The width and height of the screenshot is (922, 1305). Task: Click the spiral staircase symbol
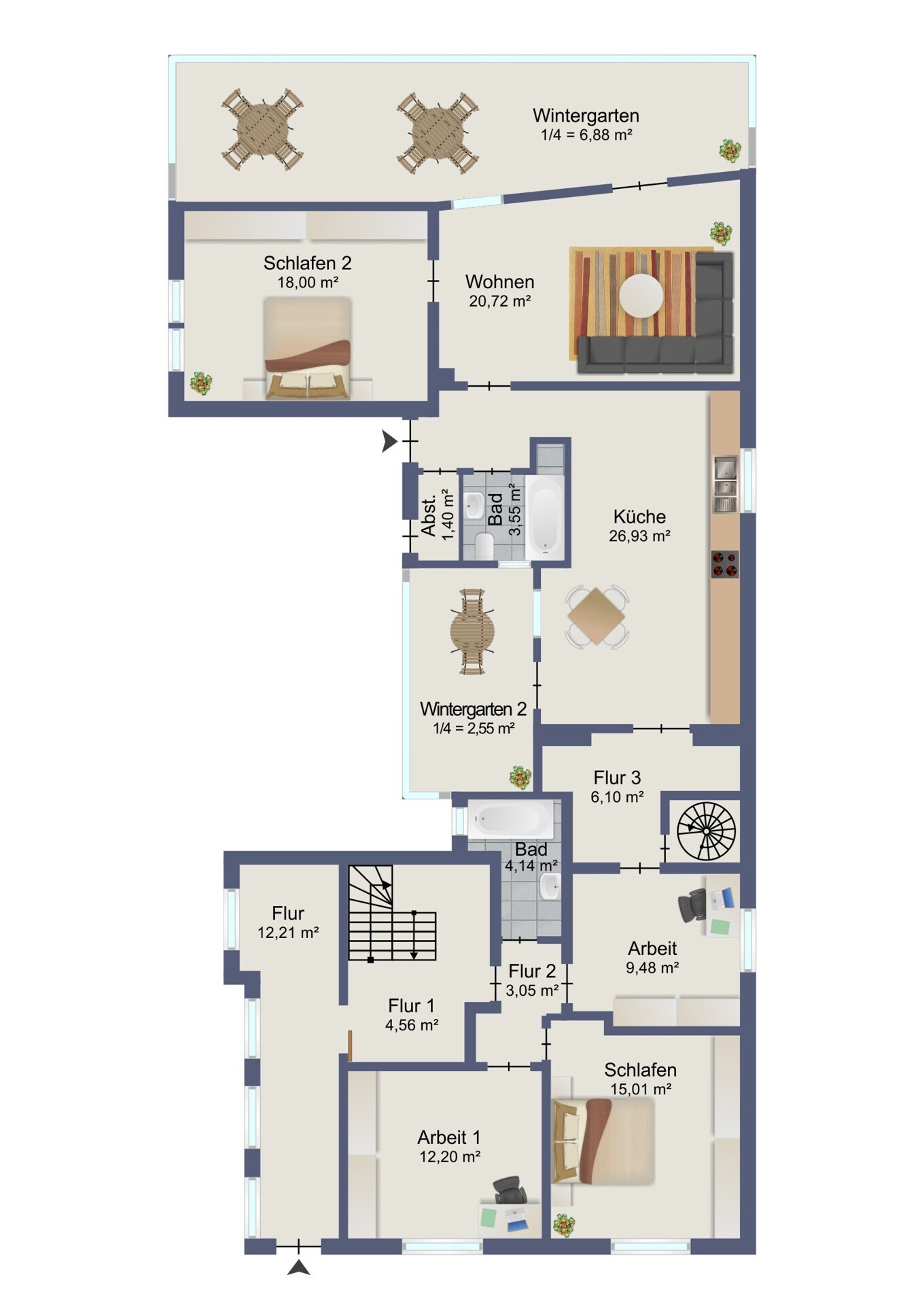pyautogui.click(x=706, y=831)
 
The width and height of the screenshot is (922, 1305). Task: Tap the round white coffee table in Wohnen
pyautogui.click(x=641, y=295)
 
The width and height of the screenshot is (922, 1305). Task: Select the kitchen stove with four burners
pyautogui.click(x=724, y=564)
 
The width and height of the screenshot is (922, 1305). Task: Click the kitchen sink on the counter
pyautogui.click(x=725, y=484)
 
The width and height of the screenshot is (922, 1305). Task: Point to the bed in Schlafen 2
pyautogui.click(x=308, y=348)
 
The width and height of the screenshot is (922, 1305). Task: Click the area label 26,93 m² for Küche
pyautogui.click(x=639, y=536)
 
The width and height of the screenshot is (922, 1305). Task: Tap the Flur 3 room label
pyautogui.click(x=617, y=778)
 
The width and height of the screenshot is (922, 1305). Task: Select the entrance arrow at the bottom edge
pyautogui.click(x=299, y=1268)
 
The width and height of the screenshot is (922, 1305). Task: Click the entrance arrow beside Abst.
pyautogui.click(x=389, y=441)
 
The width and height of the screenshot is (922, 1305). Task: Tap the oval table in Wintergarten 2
pyautogui.click(x=472, y=631)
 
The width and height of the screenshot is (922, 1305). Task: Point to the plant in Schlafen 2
pyautogui.click(x=201, y=383)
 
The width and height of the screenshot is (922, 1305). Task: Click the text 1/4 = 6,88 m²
pyautogui.click(x=586, y=135)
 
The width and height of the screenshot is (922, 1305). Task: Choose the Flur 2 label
pyautogui.click(x=532, y=971)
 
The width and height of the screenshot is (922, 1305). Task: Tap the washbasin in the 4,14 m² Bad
pyautogui.click(x=549, y=886)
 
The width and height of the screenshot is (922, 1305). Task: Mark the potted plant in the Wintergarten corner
pyautogui.click(x=730, y=150)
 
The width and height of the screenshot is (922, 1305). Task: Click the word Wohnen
pyautogui.click(x=500, y=281)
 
